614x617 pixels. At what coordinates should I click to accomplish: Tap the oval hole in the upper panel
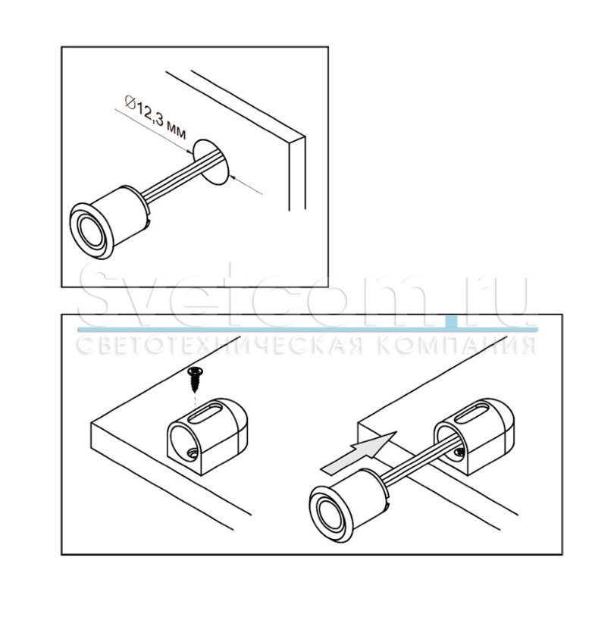pyautogui.click(x=211, y=161)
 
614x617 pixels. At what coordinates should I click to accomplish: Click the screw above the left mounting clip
pyautogui.click(x=194, y=379)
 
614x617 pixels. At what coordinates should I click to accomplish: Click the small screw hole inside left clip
pyautogui.click(x=192, y=454)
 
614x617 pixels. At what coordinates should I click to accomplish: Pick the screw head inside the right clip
pyautogui.click(x=459, y=454)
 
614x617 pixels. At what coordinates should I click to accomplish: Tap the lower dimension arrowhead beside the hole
pyautogui.click(x=233, y=177)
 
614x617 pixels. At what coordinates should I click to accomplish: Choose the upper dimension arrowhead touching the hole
pyautogui.click(x=189, y=151)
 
